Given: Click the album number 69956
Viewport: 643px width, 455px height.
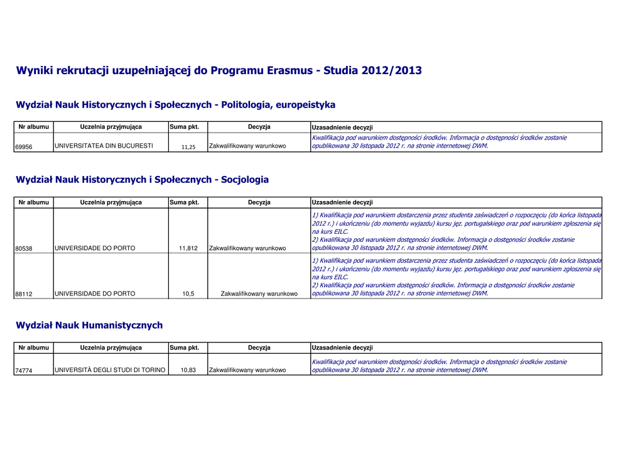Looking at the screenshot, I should coord(24,146).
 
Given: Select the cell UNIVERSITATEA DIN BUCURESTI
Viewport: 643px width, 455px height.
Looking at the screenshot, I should coord(104,146).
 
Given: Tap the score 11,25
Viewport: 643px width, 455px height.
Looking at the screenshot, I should coord(188,147).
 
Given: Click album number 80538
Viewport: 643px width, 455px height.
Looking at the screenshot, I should coord(24,248).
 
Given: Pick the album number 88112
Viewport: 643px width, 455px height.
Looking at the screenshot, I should coord(24,293).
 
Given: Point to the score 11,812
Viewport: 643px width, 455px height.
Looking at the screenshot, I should coord(188,248).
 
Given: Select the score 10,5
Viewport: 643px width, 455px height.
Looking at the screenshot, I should coord(188,293).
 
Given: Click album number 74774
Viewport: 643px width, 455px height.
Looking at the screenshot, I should coord(24,370).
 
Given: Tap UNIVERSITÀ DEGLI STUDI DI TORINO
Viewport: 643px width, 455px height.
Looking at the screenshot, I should coord(110,370).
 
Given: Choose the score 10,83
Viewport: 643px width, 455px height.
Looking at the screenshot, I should coord(188,370).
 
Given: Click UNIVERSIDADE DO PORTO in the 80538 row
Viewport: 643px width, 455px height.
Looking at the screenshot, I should coord(95,248).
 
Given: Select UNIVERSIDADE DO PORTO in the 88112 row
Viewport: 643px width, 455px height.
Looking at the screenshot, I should coord(95,293).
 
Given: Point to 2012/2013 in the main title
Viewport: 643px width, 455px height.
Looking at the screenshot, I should coord(391,70).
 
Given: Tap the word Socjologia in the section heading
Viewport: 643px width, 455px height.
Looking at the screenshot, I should coord(245,180).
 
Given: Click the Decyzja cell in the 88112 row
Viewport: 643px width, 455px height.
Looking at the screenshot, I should coord(259,293).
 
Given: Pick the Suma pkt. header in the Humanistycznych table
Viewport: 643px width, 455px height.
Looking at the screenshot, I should coord(184,348).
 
